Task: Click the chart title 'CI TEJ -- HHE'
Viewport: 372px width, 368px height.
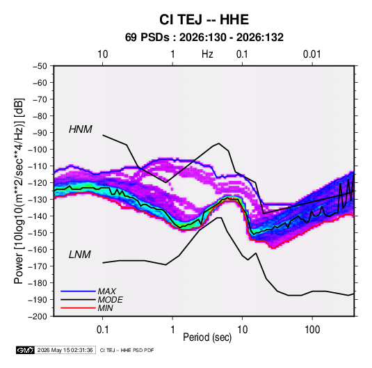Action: tap(204, 19)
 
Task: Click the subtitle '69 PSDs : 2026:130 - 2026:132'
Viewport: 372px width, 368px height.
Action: tap(204, 38)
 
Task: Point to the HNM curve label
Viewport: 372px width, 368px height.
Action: tap(81, 129)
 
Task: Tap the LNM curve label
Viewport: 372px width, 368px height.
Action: tap(80, 255)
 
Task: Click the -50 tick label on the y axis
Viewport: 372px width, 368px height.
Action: tap(40, 66)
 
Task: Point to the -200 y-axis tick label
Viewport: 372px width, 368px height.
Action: tap(38, 317)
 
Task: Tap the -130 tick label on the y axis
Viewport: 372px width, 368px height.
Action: tap(38, 200)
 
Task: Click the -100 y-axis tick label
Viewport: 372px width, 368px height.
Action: tap(38, 150)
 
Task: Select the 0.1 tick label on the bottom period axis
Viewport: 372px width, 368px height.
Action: tap(102, 330)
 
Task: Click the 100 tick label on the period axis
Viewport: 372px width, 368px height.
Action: tap(312, 330)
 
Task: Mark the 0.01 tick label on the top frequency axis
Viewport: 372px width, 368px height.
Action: tap(312, 54)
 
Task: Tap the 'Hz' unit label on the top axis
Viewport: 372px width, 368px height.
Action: tap(207, 54)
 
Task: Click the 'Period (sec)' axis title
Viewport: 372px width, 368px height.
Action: tap(207, 337)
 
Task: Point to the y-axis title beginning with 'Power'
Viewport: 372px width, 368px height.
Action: tap(19, 191)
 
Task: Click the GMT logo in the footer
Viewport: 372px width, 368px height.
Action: tap(26, 350)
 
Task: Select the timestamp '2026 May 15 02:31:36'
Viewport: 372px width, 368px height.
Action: tap(65, 350)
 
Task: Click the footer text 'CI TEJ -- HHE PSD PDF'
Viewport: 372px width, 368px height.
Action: tap(127, 350)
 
